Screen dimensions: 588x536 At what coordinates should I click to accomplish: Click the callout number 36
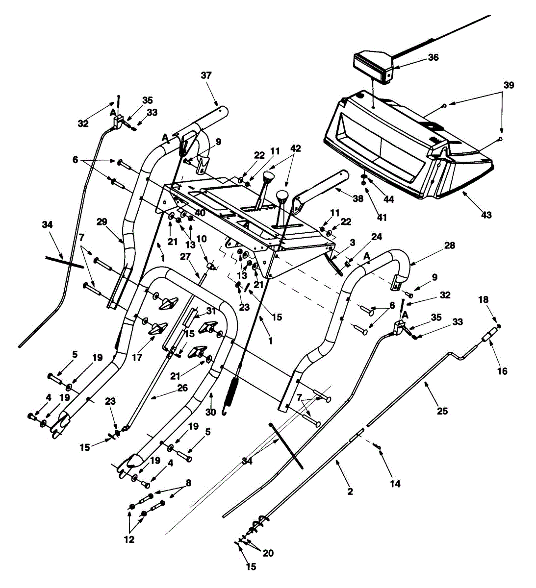[433, 57]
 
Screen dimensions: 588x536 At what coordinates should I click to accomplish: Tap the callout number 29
[102, 222]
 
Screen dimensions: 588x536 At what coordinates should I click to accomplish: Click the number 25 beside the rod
[442, 411]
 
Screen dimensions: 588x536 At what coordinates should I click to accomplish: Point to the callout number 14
[395, 484]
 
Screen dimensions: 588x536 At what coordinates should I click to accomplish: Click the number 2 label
[350, 491]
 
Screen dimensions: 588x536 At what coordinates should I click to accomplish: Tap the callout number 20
[269, 553]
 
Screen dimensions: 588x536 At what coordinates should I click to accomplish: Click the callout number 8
[188, 483]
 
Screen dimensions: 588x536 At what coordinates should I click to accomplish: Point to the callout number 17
[137, 357]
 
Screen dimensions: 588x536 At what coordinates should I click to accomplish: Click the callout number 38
[372, 198]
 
